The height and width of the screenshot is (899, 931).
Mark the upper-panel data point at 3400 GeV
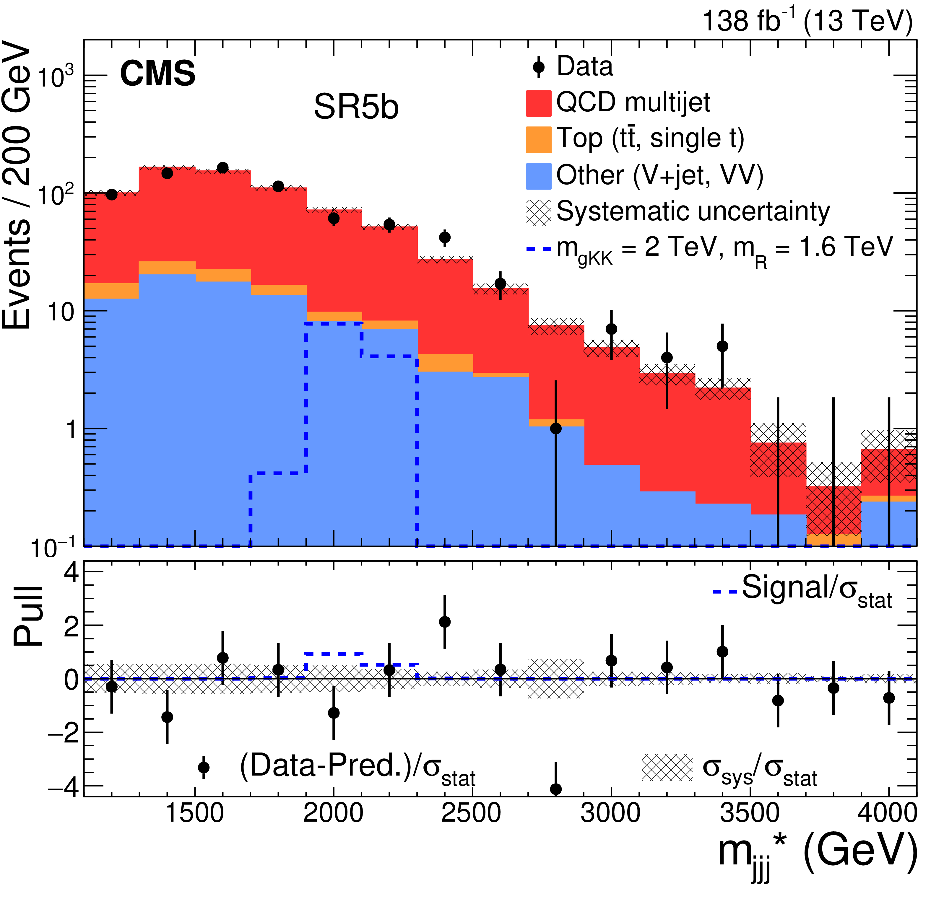722,346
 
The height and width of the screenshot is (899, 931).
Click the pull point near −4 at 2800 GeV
556,789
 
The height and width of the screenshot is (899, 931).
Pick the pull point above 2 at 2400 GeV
445,622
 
